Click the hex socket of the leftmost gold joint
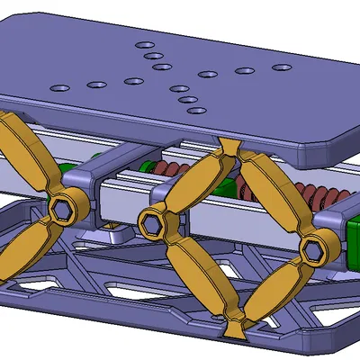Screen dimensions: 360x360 pos(63,210)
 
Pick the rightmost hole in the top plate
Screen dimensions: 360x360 pos(283,67)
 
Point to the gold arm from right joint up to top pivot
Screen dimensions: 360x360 pos(270,193)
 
